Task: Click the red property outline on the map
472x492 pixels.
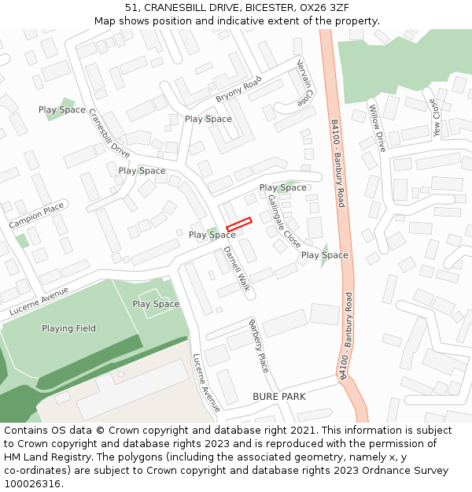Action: (x=238, y=224)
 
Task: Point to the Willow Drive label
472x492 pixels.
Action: (x=378, y=128)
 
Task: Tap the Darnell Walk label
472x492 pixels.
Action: (x=237, y=269)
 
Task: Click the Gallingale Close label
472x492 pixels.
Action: (x=284, y=220)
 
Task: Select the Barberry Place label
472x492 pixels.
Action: (x=259, y=346)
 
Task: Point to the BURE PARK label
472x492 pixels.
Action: (x=278, y=397)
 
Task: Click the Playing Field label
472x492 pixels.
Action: (x=68, y=328)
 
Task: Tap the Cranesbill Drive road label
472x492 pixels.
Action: (x=109, y=133)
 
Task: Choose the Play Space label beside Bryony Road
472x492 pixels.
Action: (x=208, y=119)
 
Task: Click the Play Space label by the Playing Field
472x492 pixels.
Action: (x=156, y=304)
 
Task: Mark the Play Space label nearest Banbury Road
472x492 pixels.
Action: (x=324, y=255)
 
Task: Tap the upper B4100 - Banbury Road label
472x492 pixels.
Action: (x=337, y=164)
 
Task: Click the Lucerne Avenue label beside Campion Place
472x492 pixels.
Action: (x=39, y=301)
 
